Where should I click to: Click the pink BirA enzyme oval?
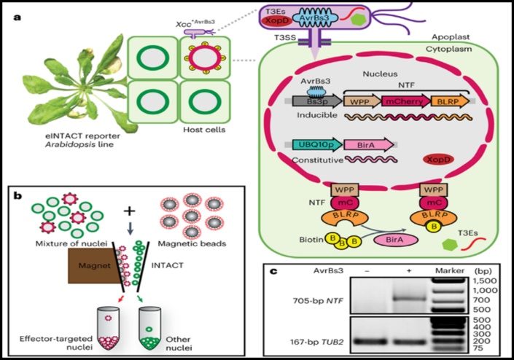[392, 240]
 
